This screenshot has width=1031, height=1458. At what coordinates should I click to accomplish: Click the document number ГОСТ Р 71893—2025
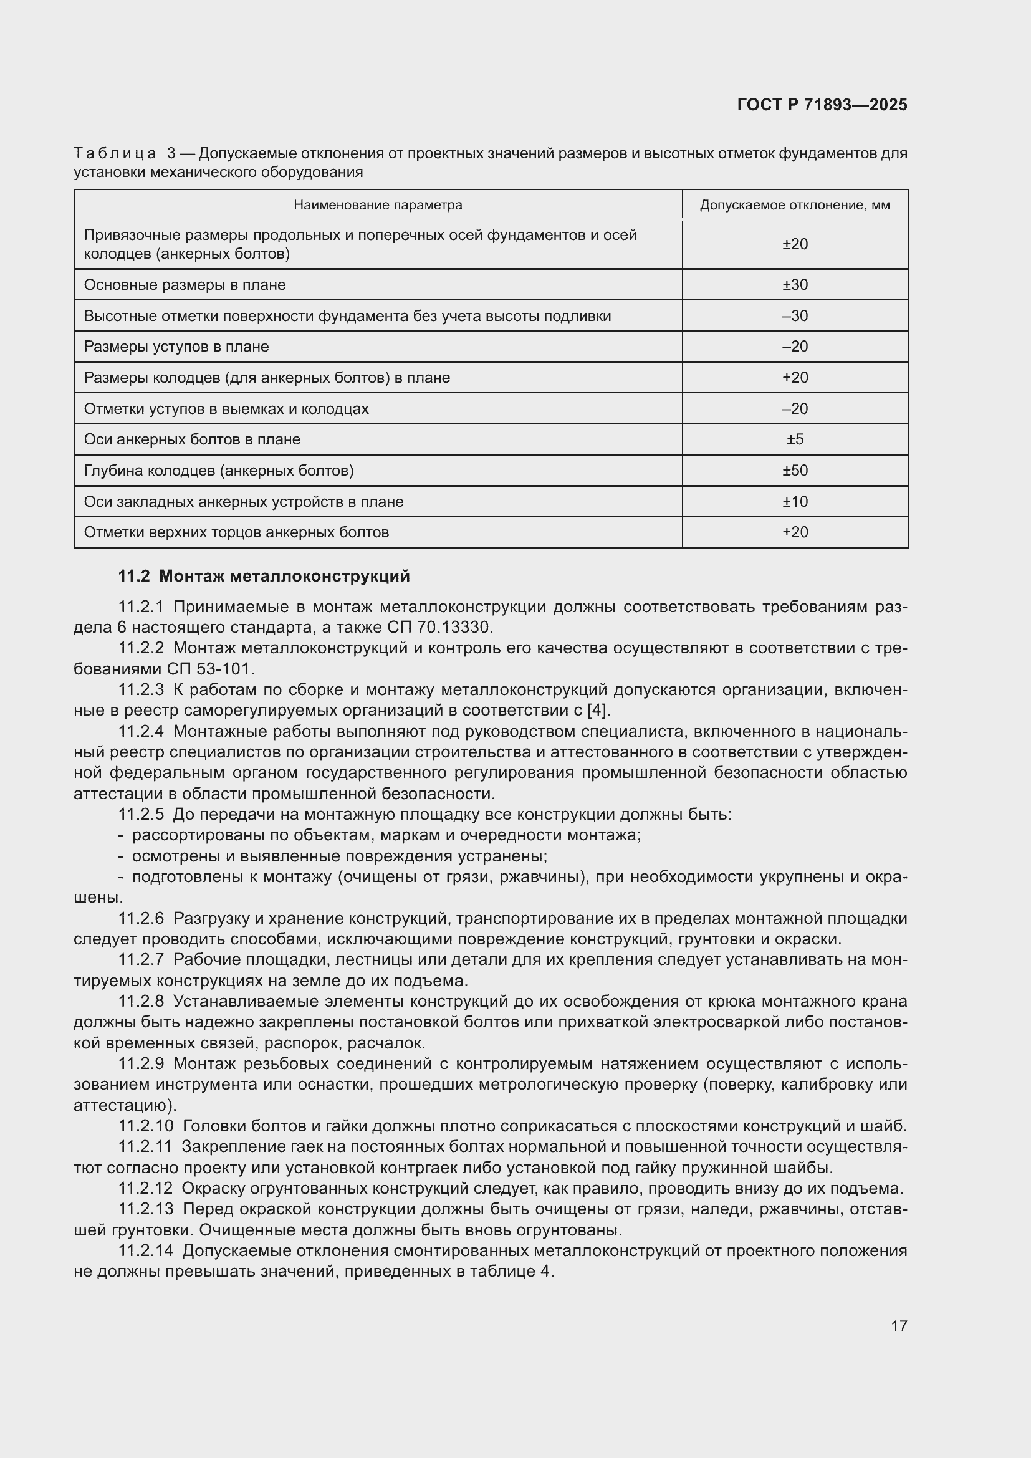822,105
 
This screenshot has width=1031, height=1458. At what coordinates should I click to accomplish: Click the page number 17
899,1326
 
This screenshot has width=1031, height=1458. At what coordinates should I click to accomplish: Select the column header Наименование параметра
378,205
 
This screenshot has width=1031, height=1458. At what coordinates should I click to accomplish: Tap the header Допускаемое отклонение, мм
795,205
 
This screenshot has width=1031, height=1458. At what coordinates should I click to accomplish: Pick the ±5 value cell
795,439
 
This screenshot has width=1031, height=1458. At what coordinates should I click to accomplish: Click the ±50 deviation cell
795,471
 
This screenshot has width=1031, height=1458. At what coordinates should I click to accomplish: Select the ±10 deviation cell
795,502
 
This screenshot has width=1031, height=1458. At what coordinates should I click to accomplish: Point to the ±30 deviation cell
795,284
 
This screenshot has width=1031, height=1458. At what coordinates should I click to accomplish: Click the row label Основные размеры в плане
185,284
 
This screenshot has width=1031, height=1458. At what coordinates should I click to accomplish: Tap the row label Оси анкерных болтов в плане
192,439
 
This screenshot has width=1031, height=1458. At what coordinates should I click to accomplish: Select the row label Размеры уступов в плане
176,347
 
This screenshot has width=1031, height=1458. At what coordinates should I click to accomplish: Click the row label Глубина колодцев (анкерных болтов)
219,471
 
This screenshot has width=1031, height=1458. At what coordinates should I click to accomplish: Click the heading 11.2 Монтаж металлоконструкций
264,576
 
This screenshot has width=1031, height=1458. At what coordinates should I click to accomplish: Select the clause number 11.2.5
141,814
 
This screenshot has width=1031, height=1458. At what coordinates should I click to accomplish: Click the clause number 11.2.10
145,1126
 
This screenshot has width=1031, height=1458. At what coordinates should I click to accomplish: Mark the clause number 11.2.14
145,1250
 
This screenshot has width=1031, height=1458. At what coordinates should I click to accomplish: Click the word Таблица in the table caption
115,153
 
